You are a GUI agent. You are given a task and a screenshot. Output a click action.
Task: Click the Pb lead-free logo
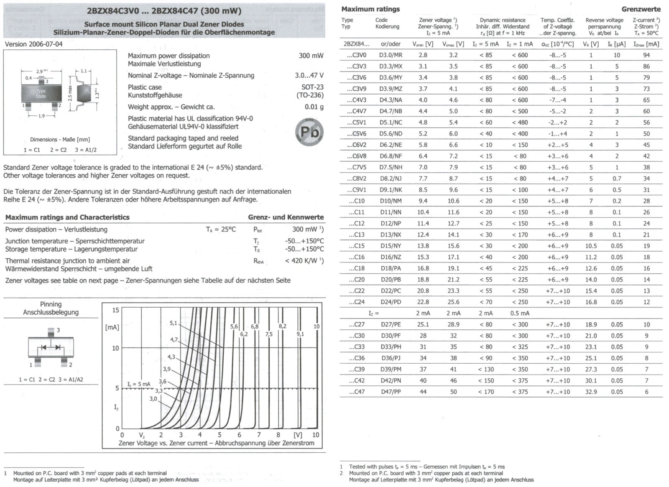click(x=309, y=132)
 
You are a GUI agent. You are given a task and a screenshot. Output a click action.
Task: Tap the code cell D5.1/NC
click(x=391, y=122)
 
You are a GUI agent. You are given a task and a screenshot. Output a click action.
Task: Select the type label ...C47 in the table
click(x=356, y=392)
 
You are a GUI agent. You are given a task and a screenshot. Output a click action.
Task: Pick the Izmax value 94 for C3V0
click(x=646, y=55)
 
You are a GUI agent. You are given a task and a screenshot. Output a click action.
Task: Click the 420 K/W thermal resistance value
click(x=304, y=261)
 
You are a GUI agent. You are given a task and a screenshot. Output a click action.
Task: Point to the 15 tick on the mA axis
click(x=115, y=310)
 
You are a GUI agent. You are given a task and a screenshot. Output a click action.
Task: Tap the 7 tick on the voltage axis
click(x=259, y=435)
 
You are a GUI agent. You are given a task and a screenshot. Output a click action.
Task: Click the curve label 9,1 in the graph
click(x=300, y=334)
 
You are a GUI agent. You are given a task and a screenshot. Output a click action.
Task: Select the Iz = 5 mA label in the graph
click(x=139, y=384)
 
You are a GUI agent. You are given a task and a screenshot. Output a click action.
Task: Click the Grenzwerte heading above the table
click(x=641, y=9)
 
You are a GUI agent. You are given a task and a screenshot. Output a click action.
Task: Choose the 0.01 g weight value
click(x=314, y=107)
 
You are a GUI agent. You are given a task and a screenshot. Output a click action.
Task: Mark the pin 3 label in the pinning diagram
click(x=58, y=330)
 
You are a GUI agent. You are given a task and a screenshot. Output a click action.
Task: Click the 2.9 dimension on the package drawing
click(x=40, y=71)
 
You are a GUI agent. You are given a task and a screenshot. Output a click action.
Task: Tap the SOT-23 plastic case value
click(x=312, y=87)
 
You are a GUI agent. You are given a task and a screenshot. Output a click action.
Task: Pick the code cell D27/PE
click(x=391, y=324)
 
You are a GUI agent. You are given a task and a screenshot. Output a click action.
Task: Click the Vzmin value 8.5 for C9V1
click(x=423, y=190)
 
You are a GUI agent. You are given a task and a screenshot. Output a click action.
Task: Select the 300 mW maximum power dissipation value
click(x=311, y=56)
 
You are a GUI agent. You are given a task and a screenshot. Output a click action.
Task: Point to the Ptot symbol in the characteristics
click(x=258, y=229)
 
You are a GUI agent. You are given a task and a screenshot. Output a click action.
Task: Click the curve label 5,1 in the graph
click(x=174, y=323)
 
